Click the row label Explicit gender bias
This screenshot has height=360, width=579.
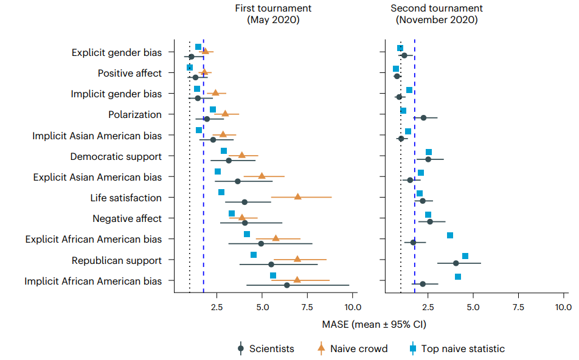click(x=117, y=52)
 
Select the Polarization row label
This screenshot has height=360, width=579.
click(x=135, y=114)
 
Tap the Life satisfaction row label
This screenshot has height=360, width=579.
click(x=126, y=198)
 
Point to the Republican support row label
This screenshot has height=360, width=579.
click(x=117, y=260)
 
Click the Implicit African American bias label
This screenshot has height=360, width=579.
click(x=93, y=281)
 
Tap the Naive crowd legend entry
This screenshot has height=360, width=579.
click(x=358, y=348)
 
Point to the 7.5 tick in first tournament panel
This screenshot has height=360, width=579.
click(x=308, y=306)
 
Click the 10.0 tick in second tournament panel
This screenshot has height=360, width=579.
click(x=563, y=306)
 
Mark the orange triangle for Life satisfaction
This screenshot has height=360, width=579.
click(x=297, y=196)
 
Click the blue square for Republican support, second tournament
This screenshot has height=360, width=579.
click(x=465, y=256)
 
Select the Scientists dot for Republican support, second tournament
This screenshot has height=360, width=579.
click(x=456, y=263)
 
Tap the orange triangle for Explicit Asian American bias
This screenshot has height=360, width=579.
click(x=262, y=175)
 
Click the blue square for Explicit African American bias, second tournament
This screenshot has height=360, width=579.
click(x=450, y=235)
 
